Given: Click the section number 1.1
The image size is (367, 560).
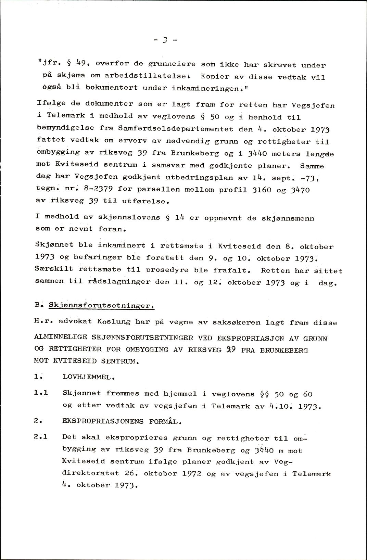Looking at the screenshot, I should click(x=41, y=393).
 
